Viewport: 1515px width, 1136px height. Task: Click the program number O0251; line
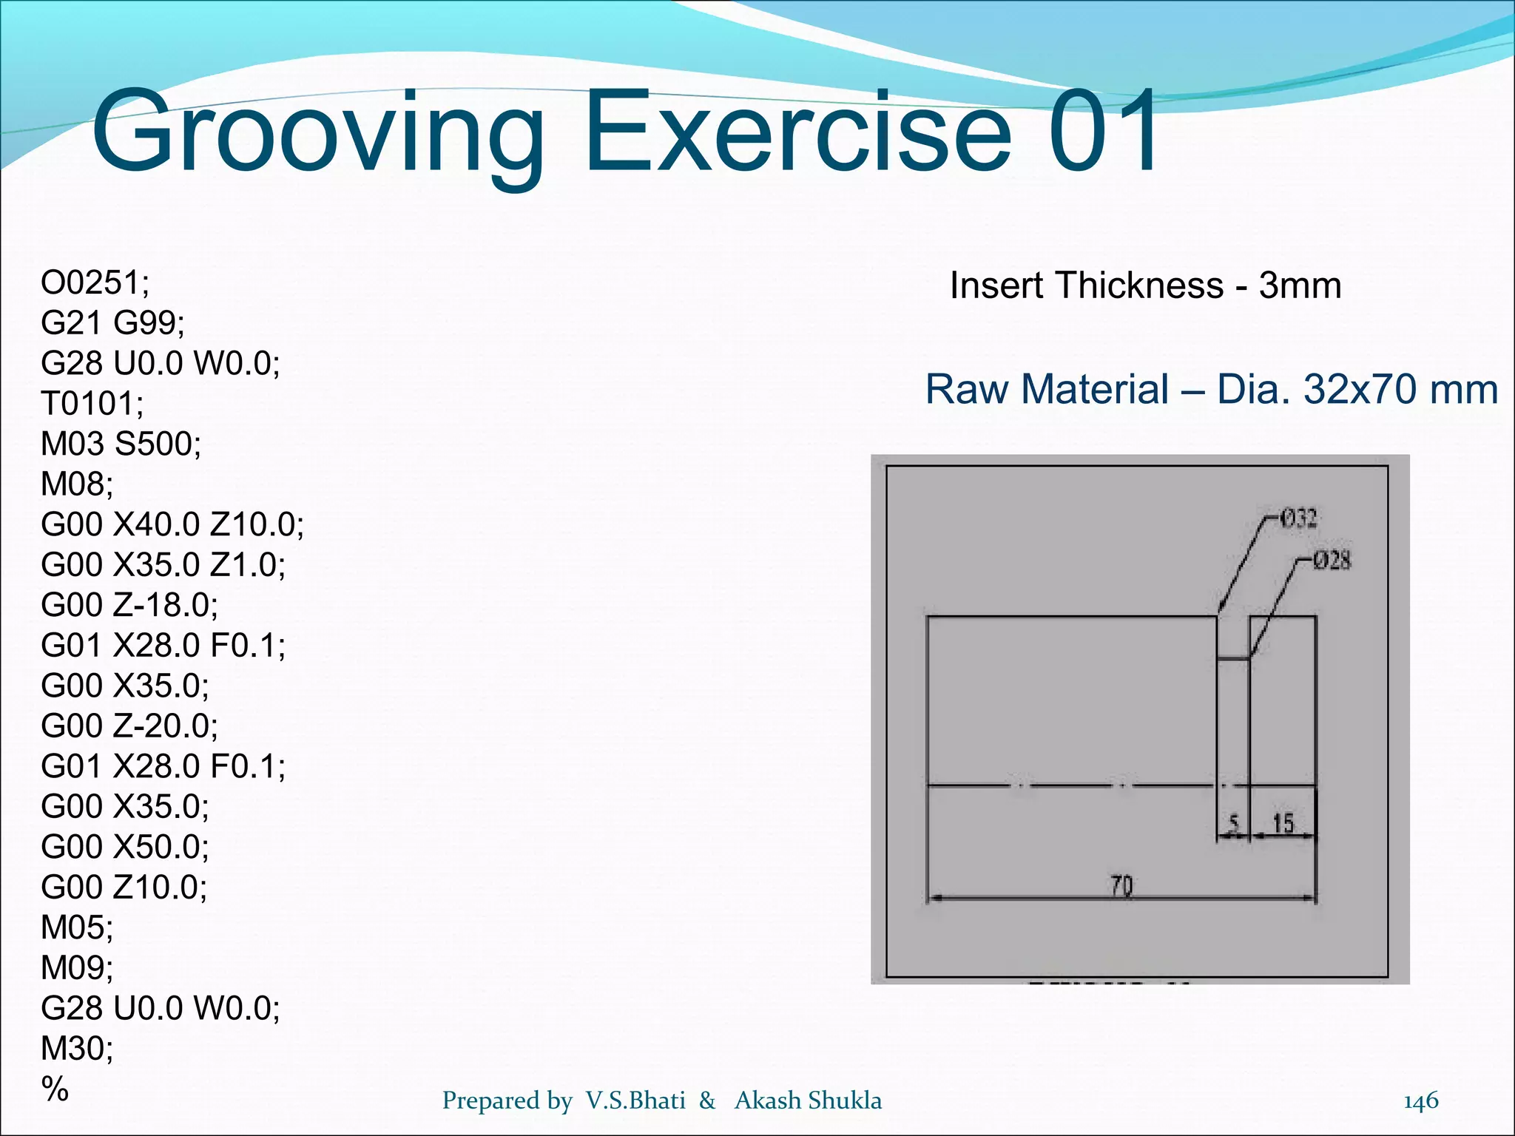(x=95, y=283)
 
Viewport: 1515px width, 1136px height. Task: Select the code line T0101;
(x=92, y=404)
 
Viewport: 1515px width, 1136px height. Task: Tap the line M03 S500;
(x=121, y=444)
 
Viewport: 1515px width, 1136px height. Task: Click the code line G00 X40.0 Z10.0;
(x=172, y=524)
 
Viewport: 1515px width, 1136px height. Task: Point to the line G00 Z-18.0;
(x=129, y=605)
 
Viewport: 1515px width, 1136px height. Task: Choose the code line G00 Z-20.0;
(x=129, y=726)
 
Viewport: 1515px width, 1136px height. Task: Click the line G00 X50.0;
(x=125, y=846)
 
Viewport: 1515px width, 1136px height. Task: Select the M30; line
(x=77, y=1048)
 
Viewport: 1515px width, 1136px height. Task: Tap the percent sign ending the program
(x=55, y=1089)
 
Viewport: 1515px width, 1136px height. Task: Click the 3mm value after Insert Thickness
(x=1300, y=285)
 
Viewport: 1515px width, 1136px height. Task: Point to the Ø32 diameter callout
(x=1298, y=518)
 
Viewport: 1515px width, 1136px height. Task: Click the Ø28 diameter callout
(x=1332, y=561)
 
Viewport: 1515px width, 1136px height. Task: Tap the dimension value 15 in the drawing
(x=1283, y=823)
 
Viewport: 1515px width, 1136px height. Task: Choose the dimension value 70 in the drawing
(x=1121, y=885)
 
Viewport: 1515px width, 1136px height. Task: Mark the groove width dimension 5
(x=1233, y=823)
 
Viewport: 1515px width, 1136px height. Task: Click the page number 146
(x=1421, y=1100)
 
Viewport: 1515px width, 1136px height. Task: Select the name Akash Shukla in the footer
(x=808, y=1100)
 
